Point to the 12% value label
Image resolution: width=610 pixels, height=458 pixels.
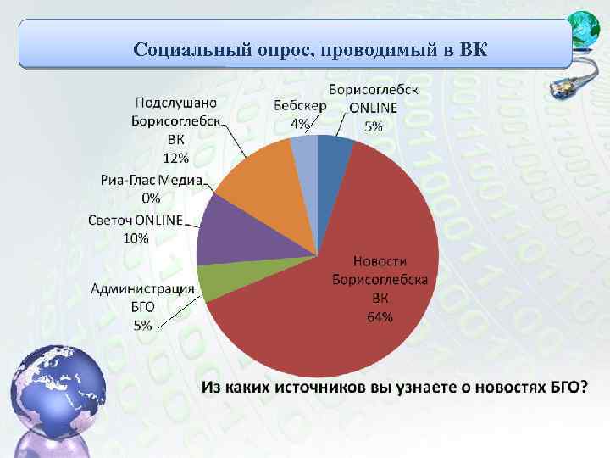point(176,158)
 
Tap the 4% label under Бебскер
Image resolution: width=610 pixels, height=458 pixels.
point(300,124)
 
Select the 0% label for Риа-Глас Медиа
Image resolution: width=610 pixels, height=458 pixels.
point(151,198)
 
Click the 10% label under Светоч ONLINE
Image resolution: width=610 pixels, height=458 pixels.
point(136,237)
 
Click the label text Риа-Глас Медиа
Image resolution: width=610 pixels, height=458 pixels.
point(151,180)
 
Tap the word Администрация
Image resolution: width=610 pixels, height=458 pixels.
point(143,289)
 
